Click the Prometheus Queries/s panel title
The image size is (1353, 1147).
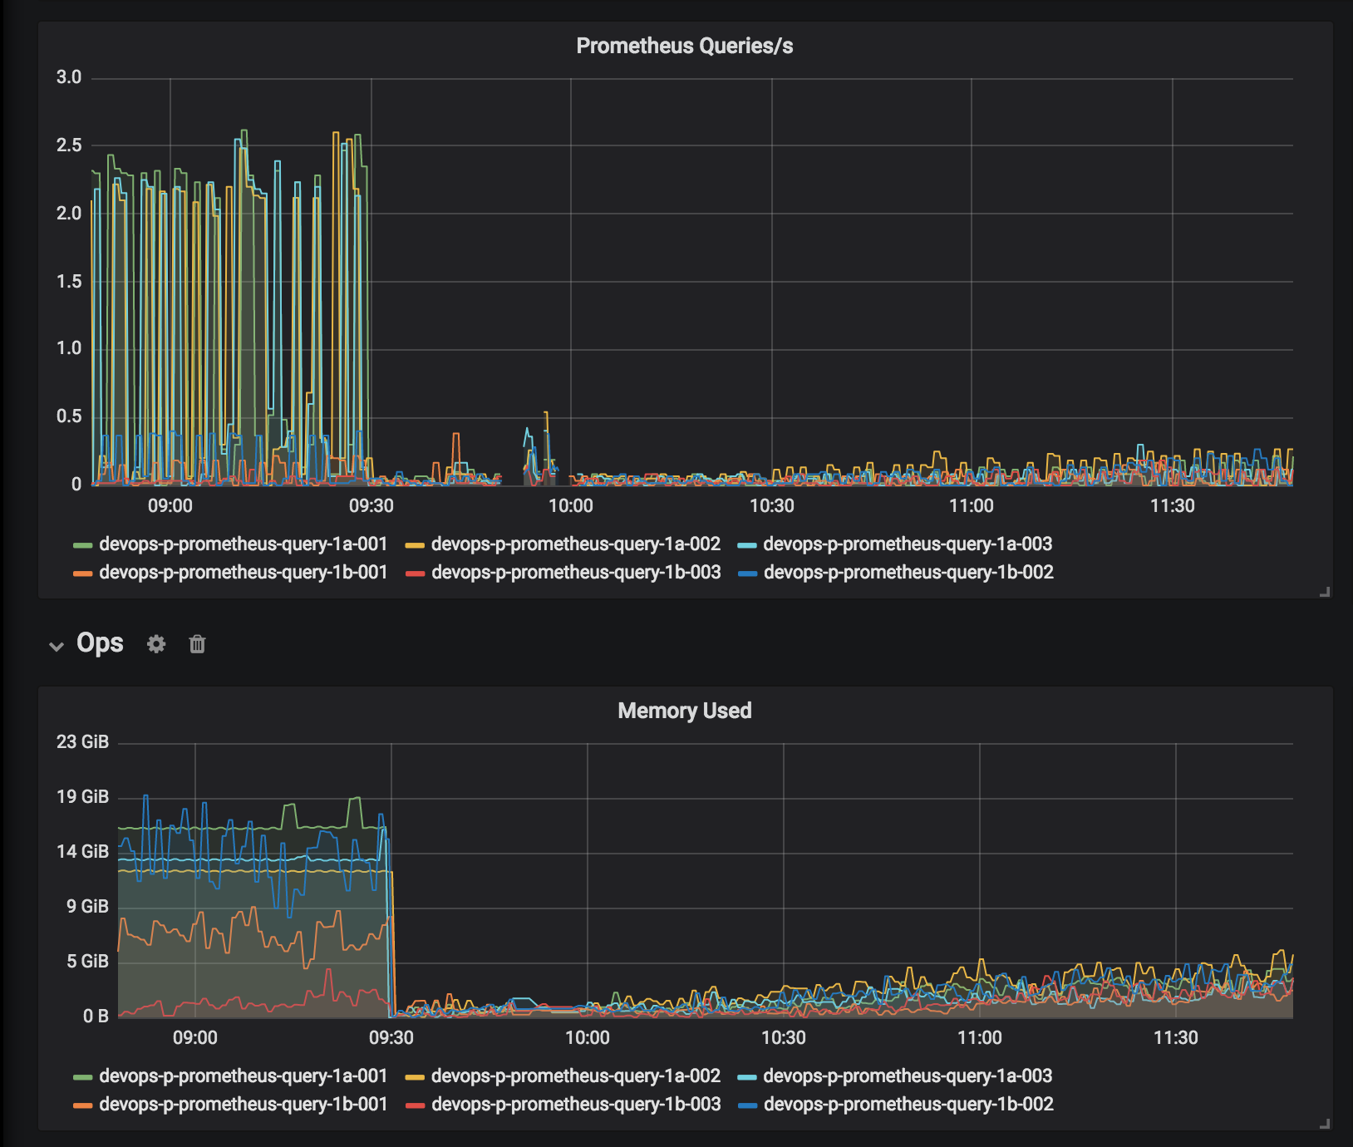[x=684, y=46]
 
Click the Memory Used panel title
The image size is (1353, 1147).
[x=684, y=711]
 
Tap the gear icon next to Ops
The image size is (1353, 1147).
[x=156, y=643]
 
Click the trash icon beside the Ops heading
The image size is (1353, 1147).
[x=197, y=643]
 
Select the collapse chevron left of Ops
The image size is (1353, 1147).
[x=57, y=646]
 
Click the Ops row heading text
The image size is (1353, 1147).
[x=100, y=642]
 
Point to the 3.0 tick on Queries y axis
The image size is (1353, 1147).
[x=69, y=77]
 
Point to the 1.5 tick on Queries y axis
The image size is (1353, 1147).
[x=69, y=281]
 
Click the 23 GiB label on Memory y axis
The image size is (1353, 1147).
[x=82, y=741]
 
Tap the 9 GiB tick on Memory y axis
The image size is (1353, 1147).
[x=87, y=906]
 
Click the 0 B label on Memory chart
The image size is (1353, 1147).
[x=95, y=1016]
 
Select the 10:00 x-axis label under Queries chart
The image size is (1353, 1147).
[x=571, y=505]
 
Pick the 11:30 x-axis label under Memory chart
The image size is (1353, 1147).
[x=1175, y=1037]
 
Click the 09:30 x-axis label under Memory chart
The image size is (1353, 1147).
[x=391, y=1037]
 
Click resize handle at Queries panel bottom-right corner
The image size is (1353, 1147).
[x=1325, y=592]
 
